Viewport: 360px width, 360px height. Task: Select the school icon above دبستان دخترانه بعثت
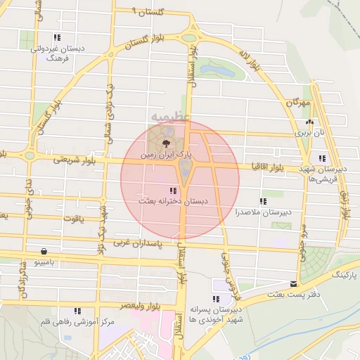[x=172, y=191]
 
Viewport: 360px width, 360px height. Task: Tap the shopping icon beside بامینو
[x=45, y=251]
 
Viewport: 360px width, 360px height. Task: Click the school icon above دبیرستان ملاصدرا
[x=264, y=201]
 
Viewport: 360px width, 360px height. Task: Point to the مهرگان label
[x=299, y=103]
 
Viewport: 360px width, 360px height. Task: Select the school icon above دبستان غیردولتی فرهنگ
[x=57, y=38]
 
